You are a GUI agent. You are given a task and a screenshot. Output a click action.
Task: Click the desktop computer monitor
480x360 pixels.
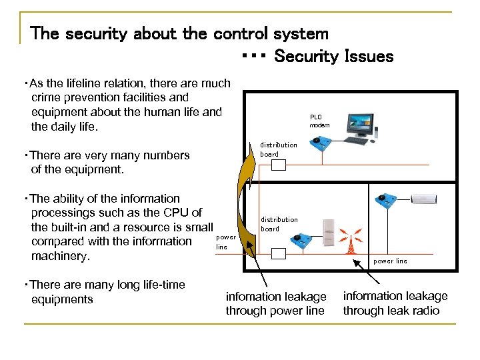point(361,124)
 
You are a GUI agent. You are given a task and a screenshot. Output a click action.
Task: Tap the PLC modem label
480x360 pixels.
point(319,121)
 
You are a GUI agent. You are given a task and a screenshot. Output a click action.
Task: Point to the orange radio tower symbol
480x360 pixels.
point(351,241)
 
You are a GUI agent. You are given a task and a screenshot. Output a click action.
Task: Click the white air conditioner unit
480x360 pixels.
point(425,199)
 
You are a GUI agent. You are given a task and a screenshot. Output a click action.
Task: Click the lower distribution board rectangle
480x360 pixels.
point(279,253)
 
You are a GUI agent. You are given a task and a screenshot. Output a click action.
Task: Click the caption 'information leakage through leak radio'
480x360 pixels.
point(395,303)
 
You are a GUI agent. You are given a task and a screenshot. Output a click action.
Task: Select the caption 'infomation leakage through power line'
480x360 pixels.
point(276,303)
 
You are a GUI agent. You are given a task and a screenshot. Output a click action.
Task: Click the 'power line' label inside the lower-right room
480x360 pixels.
point(390,261)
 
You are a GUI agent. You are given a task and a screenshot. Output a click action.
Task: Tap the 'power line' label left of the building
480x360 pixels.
point(226,241)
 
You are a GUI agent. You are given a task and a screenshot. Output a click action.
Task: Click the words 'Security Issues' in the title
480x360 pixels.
point(333,57)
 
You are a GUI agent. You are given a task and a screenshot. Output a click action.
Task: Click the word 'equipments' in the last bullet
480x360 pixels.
point(62,299)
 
